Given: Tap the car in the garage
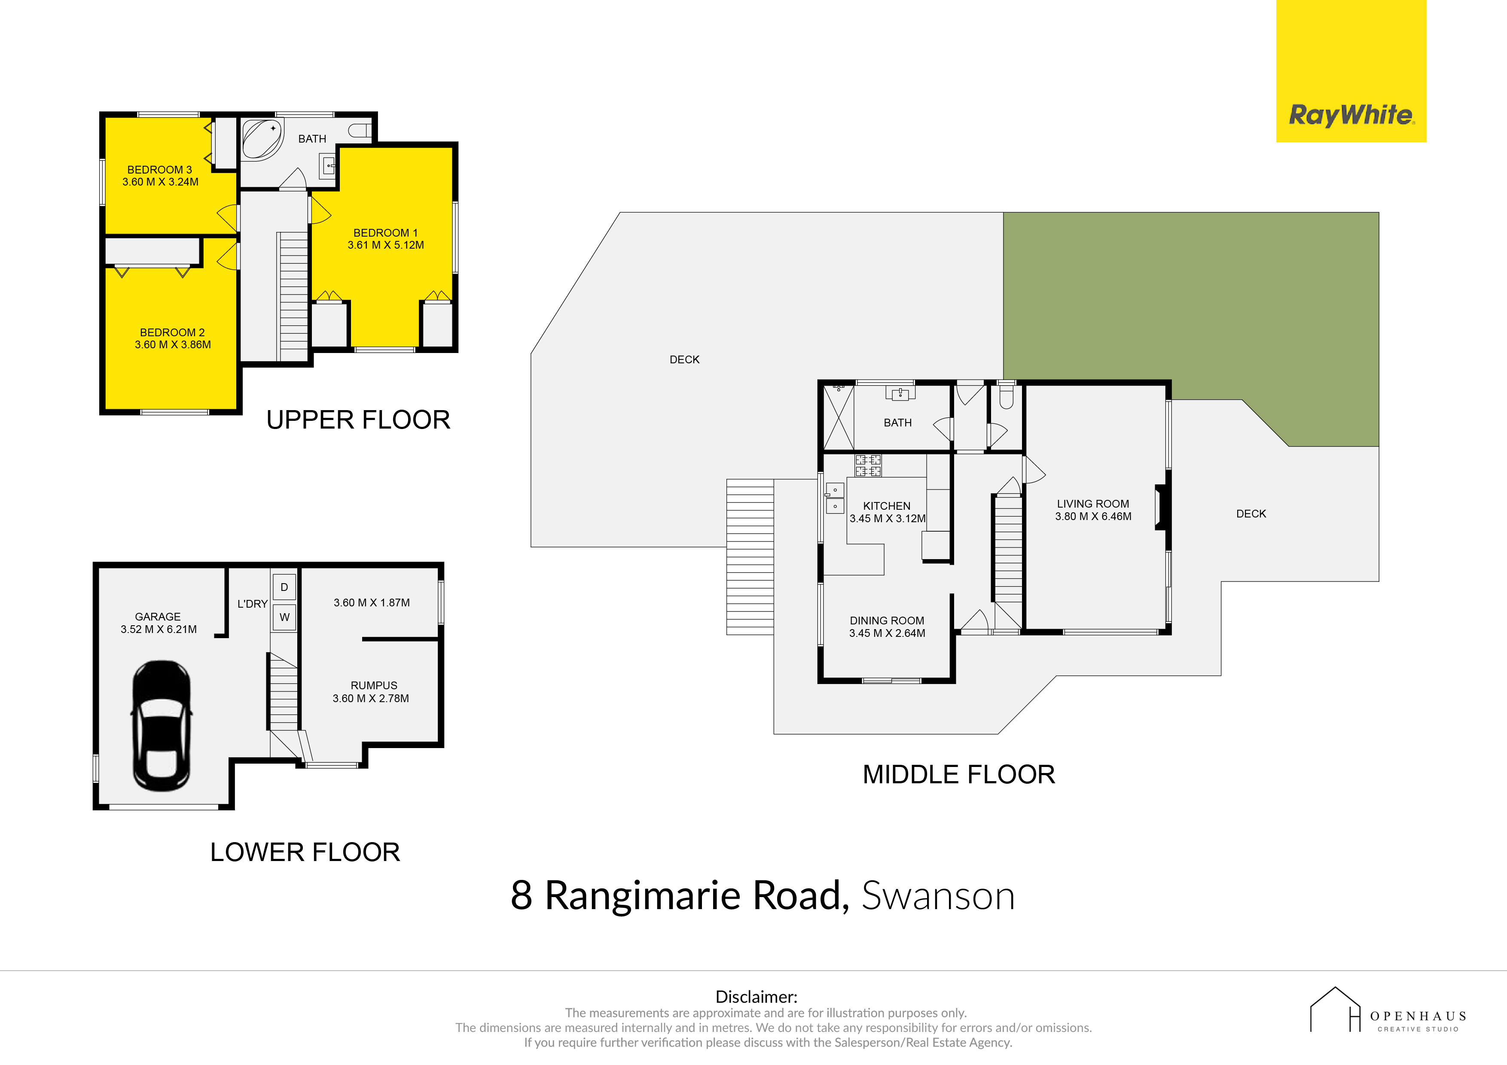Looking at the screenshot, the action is pyautogui.click(x=162, y=726).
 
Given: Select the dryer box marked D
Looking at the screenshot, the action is pyautogui.click(x=284, y=587).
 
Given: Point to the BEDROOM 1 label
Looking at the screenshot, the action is pyautogui.click(x=385, y=233).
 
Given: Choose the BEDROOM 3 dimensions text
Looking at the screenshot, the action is pyautogui.click(x=160, y=182).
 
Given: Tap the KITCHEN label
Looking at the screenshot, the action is pyautogui.click(x=887, y=506).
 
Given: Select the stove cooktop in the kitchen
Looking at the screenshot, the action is pyautogui.click(x=868, y=465).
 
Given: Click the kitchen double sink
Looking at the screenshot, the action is pyautogui.click(x=835, y=498).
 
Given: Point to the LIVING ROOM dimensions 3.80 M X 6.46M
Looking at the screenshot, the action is pyautogui.click(x=1093, y=517).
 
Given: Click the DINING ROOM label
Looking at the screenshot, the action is pyautogui.click(x=887, y=621).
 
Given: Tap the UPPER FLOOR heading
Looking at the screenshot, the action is pyautogui.click(x=358, y=420).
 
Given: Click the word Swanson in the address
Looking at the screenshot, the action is pyautogui.click(x=938, y=896).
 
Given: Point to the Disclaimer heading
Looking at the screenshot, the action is pyautogui.click(x=756, y=997).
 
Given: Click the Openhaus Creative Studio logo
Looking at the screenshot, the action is pyautogui.click(x=1388, y=1010).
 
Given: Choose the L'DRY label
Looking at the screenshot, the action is pyautogui.click(x=253, y=604).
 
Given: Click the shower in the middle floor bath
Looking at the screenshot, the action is pyautogui.click(x=839, y=417).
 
